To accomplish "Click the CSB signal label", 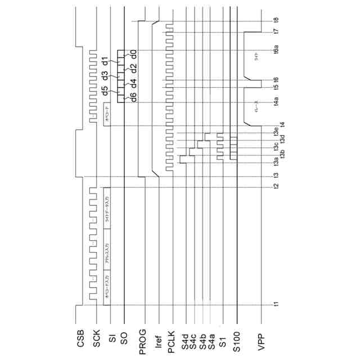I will (x=80, y=339).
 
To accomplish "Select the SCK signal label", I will (x=97, y=339).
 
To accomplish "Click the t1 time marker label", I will (x=276, y=304).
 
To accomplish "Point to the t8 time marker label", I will (x=276, y=21).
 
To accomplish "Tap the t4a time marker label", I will (x=276, y=102).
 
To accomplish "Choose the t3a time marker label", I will (x=276, y=163).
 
